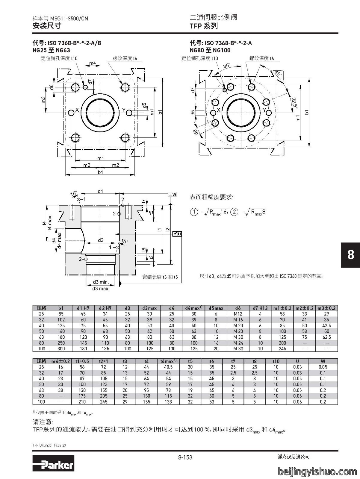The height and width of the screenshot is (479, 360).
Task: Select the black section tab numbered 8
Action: point(350,255)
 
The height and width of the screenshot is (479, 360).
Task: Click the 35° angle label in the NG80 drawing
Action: point(227,66)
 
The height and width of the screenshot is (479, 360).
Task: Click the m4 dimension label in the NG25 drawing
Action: point(93,63)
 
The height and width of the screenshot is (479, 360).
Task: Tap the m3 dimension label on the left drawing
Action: point(43,99)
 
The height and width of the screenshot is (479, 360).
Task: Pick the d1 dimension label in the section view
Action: point(100,191)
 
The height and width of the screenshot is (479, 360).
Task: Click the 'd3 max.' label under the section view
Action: point(101,289)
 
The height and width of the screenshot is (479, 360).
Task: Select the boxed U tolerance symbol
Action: point(177,234)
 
